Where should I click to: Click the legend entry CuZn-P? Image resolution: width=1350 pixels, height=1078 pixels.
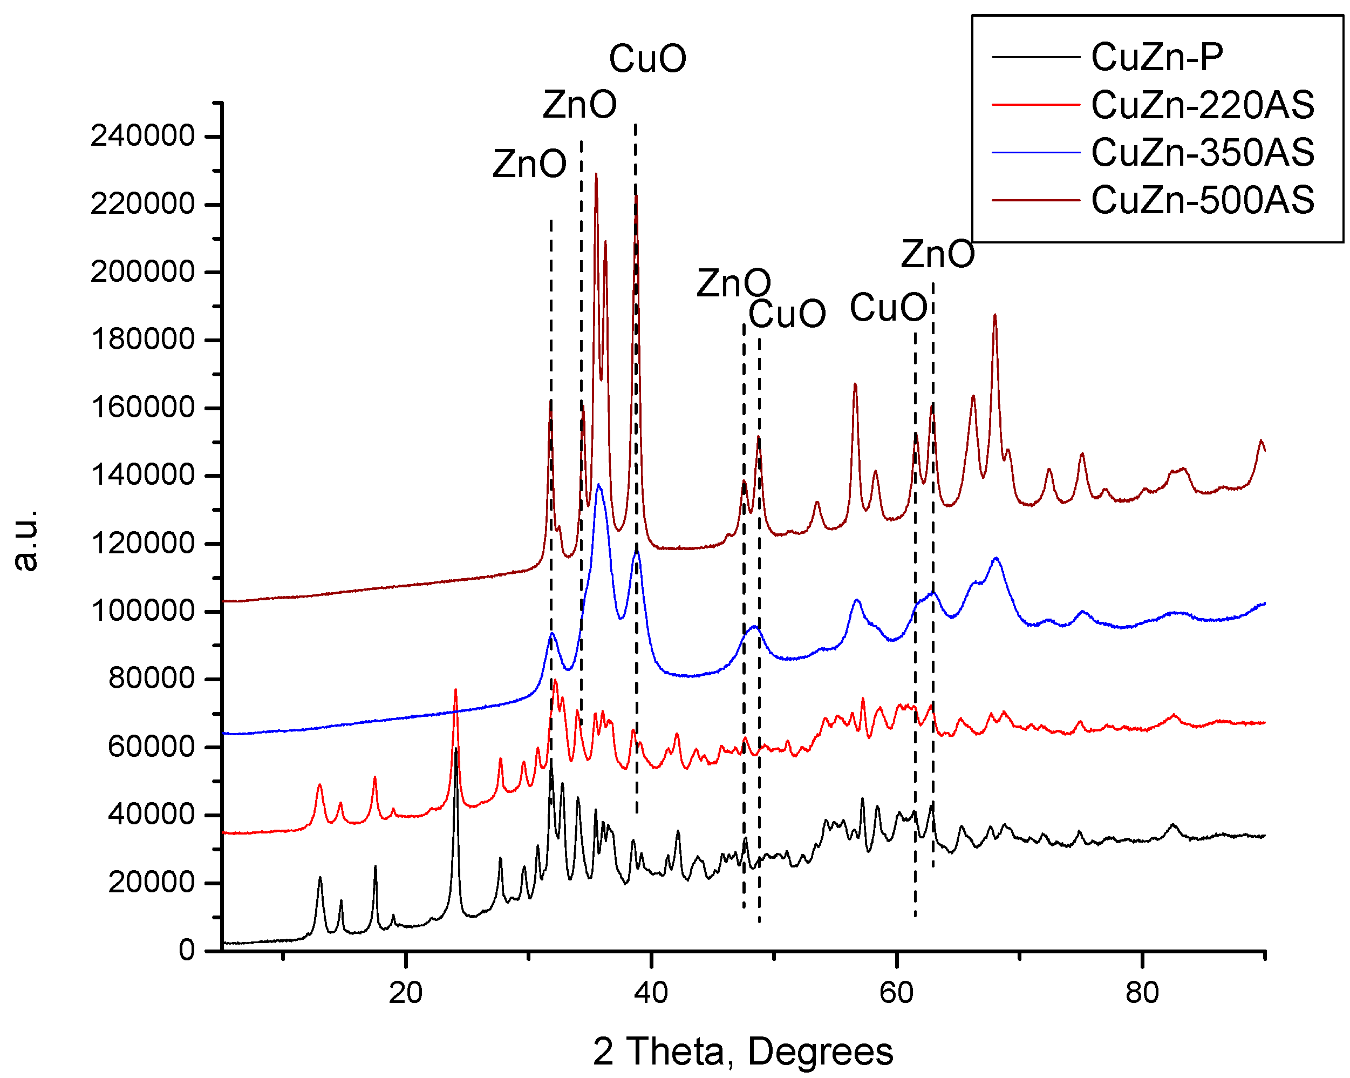coord(1156,57)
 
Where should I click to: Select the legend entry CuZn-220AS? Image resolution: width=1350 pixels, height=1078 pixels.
coord(1202,105)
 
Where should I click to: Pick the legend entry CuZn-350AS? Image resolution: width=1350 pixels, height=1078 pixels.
coord(1202,152)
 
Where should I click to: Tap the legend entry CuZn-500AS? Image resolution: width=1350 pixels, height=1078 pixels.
coord(1202,200)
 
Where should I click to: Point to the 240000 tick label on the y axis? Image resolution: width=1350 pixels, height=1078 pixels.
coord(143,136)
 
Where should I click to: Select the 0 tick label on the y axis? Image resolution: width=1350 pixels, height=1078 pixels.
coord(187,950)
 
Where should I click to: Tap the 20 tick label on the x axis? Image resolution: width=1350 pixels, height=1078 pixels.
coord(406,993)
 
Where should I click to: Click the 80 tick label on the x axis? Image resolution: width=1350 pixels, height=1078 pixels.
coord(1142,993)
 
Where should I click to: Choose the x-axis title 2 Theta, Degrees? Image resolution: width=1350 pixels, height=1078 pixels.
coord(742,1052)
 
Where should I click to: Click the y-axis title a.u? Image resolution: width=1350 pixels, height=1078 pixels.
coord(26,540)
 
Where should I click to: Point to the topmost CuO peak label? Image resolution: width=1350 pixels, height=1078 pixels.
coord(647,59)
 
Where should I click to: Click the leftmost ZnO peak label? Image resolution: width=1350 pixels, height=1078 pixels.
coord(529,164)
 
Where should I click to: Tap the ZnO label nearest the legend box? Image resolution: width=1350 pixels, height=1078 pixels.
coord(937,254)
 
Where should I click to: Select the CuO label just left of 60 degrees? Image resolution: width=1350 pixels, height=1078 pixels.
coord(888,308)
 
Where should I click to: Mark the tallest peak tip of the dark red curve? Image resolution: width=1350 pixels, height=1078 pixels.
coord(596,174)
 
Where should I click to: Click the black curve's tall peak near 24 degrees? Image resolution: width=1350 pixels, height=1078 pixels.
coord(456,749)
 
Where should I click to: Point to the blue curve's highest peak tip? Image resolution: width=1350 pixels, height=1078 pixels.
coord(598,485)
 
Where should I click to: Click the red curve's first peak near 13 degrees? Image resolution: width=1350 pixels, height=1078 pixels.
coord(319,785)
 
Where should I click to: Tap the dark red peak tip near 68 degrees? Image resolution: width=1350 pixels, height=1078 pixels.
coord(995,315)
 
